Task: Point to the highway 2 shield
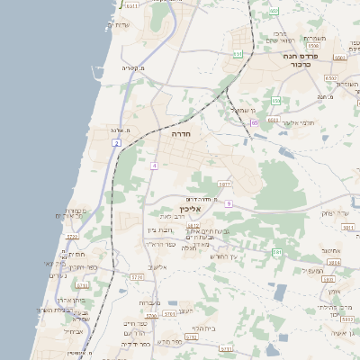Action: point(116,143)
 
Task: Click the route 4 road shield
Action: point(154,166)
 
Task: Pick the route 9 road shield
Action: point(229,204)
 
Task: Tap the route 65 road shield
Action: point(255,122)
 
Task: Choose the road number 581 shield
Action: point(278,253)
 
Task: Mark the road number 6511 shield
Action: point(132,5)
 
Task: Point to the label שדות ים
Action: point(119,24)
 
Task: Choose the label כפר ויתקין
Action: point(79,267)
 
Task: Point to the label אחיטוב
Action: point(330,251)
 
